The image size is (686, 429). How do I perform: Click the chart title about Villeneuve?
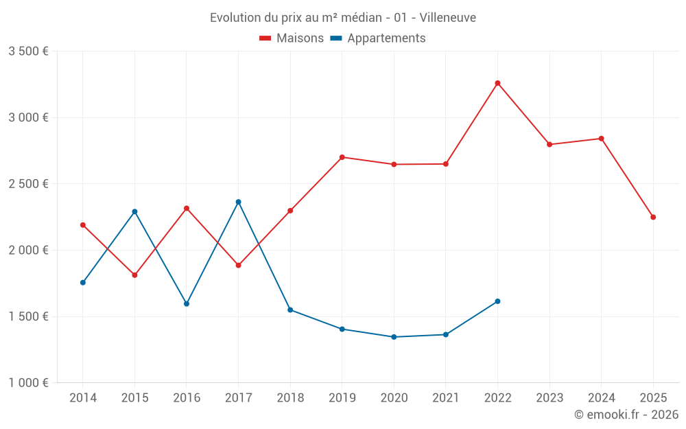pos(342,17)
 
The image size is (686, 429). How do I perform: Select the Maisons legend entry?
pos(292,38)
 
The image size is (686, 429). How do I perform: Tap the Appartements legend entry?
pos(378,38)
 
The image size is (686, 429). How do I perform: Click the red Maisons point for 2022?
pos(497,83)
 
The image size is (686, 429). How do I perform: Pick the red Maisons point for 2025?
pos(653,217)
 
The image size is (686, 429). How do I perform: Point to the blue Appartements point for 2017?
pos(238,202)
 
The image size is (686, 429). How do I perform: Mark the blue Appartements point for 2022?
pos(497,301)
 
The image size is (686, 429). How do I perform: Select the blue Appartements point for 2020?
pos(394,337)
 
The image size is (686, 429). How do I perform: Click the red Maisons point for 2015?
pos(134,275)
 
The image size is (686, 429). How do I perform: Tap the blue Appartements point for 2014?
pos(83,283)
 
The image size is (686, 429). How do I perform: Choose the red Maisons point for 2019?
pos(342,157)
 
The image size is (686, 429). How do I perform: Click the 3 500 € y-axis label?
pos(28,51)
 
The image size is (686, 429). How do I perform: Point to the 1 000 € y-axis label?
pos(28,383)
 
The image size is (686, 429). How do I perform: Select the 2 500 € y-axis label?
pos(28,184)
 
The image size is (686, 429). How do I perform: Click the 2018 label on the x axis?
pos(290,398)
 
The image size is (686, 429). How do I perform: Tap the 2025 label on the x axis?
pos(653,398)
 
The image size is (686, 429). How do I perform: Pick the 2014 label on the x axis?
pos(83,398)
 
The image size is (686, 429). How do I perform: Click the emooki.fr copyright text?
pos(626,415)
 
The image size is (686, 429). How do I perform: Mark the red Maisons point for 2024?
pos(601,139)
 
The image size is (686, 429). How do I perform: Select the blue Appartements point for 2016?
pos(187,303)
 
